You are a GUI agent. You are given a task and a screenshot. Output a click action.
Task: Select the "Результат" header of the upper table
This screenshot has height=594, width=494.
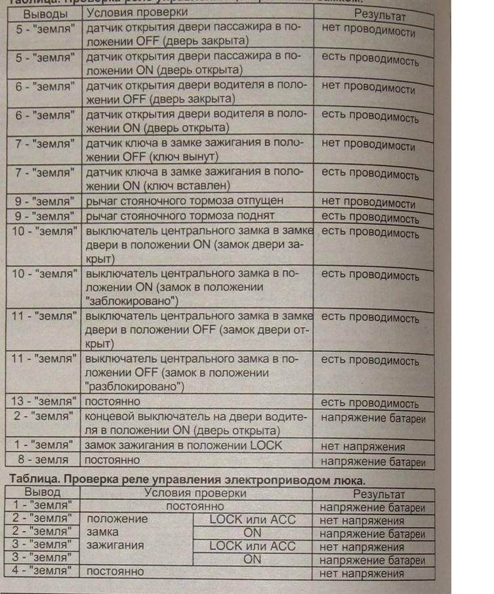tap(380, 14)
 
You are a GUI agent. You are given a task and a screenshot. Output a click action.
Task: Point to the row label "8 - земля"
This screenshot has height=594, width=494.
tap(43, 459)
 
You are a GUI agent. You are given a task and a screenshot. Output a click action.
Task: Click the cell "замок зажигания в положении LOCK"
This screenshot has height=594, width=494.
tap(184, 445)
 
